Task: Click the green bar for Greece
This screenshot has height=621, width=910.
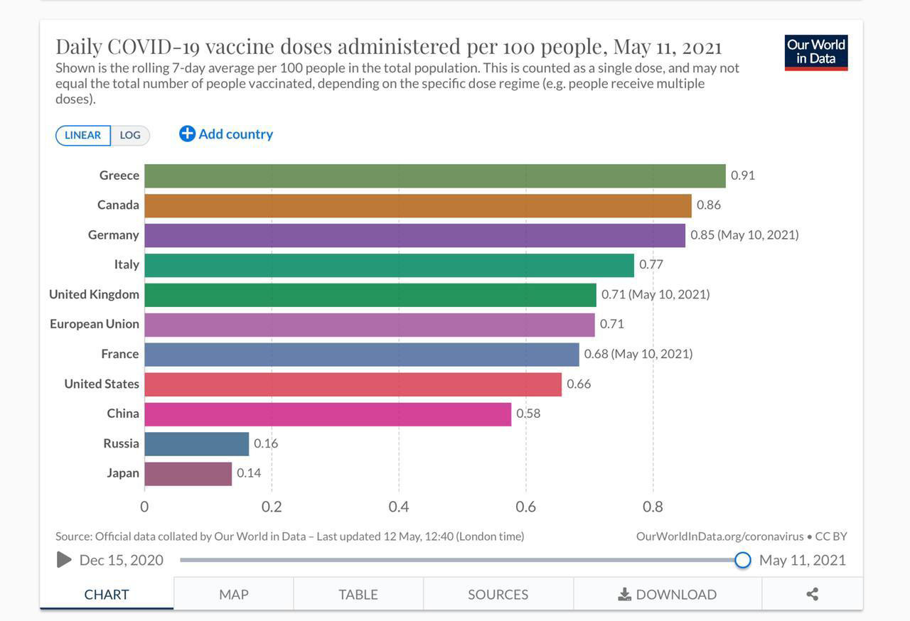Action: pos(434,176)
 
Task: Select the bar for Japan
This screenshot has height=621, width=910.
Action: pos(188,474)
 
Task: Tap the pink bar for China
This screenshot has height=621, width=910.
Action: pos(327,414)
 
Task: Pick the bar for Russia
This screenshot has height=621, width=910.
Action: pos(196,444)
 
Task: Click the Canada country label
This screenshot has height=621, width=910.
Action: pos(118,205)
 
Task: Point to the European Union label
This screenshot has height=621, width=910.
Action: pos(95,324)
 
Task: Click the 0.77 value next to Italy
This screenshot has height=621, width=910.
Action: pos(651,265)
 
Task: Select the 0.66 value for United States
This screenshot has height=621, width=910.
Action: pos(579,384)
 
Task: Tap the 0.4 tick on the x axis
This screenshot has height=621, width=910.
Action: pos(399,507)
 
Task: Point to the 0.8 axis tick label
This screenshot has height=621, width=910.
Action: pos(653,507)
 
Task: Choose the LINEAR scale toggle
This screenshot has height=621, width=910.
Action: pos(83,135)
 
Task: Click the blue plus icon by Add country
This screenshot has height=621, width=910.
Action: pos(187,134)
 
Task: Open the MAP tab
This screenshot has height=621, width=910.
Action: pos(234,595)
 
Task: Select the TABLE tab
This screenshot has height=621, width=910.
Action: pos(358,595)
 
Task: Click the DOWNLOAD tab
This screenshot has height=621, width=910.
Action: pos(667,595)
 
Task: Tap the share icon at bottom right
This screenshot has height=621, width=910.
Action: pos(813,594)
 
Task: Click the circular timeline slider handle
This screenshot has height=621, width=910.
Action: pos(743,560)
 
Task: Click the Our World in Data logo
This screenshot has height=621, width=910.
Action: pos(816,53)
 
